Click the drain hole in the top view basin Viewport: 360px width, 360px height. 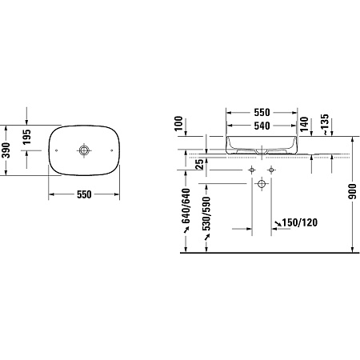click(x=84, y=149)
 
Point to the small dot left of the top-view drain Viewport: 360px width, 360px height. click(x=58, y=149)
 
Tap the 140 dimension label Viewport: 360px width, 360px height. click(x=304, y=124)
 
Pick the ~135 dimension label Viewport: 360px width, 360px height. click(x=325, y=122)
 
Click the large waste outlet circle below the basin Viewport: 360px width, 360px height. click(x=261, y=185)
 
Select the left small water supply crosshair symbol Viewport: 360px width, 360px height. click(x=251, y=171)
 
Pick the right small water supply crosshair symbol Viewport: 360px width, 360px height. click(x=270, y=171)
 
